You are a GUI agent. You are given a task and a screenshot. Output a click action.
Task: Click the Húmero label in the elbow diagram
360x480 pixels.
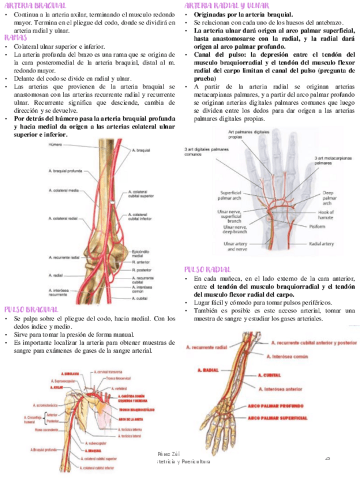(x=54, y=145)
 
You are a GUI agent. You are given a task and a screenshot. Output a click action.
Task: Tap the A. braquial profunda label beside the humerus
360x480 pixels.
(x=67, y=170)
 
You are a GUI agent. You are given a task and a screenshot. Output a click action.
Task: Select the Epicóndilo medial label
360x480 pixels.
(x=142, y=254)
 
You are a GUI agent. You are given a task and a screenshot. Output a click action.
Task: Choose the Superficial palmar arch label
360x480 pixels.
(x=234, y=195)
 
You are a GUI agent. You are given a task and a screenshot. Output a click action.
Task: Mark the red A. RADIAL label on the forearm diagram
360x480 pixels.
(x=208, y=370)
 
